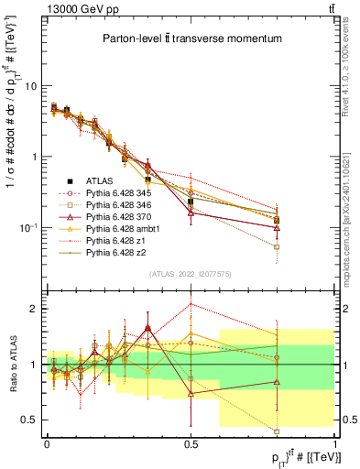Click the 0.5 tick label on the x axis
pyautogui.click(x=191, y=442)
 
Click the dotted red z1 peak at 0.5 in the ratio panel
pyautogui.click(x=191, y=303)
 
